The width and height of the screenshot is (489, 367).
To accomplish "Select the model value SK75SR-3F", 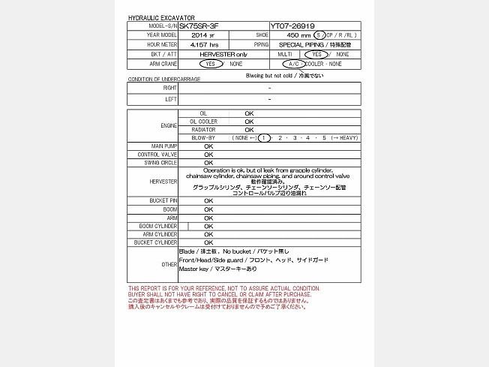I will click(x=200, y=26).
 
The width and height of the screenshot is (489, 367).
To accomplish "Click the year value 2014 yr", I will click(x=202, y=35).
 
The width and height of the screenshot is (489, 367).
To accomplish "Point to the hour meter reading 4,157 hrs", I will click(x=204, y=45).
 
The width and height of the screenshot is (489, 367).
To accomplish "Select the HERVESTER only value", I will click(x=223, y=55).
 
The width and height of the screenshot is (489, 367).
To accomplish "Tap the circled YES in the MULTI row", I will click(x=316, y=55).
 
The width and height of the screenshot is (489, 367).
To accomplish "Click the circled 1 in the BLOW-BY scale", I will click(x=264, y=138).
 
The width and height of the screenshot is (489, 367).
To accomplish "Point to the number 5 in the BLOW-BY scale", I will click(x=324, y=138).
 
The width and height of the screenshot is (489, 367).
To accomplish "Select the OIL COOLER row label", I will click(x=203, y=122).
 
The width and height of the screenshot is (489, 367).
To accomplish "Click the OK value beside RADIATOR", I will click(x=249, y=130).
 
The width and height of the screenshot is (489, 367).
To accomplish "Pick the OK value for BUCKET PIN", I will click(x=208, y=201).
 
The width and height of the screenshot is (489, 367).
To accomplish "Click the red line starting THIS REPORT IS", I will click(x=223, y=288).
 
